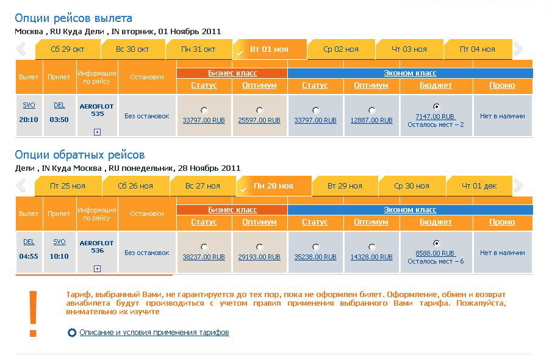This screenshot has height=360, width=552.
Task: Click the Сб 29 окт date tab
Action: pos(68,49)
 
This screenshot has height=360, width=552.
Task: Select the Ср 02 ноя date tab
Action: pos(341,49)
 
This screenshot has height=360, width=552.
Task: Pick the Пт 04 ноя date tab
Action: pos(478,49)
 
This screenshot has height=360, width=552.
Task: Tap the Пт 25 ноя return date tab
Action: pos(68,186)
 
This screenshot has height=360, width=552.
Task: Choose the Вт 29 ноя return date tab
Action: pos(345,186)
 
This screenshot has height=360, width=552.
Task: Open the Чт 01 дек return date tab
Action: pos(479,186)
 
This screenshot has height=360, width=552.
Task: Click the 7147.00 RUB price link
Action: pos(435,117)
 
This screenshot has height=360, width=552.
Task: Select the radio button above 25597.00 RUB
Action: pos(260,110)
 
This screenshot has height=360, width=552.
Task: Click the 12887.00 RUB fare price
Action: pos(371,121)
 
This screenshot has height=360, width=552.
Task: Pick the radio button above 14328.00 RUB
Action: pos(372,247)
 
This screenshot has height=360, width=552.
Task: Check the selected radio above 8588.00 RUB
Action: pos(436,243)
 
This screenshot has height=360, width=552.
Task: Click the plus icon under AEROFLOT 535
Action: pos(97,132)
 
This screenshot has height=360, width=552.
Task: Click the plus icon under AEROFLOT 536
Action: pos(97,268)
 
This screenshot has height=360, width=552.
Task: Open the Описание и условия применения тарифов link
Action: pos(154,333)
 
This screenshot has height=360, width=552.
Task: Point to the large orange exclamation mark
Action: pos(33,313)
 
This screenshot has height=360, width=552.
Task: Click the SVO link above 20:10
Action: pos(29,106)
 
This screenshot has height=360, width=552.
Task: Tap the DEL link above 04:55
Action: pos(29,242)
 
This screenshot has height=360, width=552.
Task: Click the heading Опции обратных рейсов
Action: pos(80,155)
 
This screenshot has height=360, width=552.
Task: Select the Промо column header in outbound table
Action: pos(502,85)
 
